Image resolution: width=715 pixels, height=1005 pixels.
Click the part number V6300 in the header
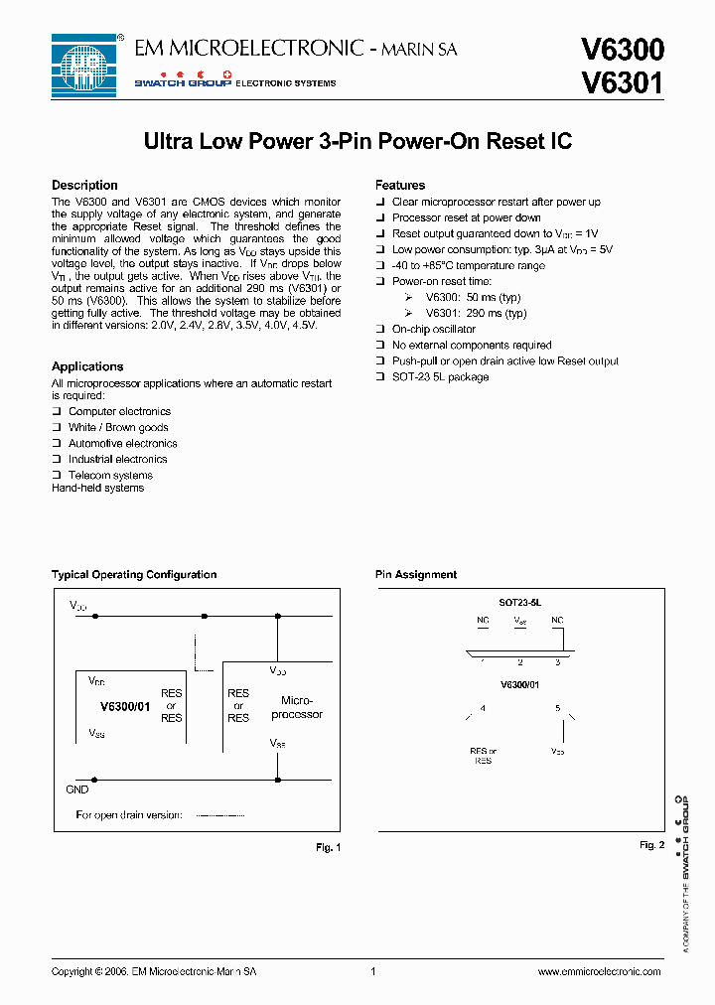[x=622, y=51]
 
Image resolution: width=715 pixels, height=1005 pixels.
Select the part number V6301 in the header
[x=622, y=82]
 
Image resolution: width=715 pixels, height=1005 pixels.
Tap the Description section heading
[x=84, y=186]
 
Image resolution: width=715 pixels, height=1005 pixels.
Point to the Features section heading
[x=400, y=186]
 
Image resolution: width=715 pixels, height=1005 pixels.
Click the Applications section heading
[x=87, y=366]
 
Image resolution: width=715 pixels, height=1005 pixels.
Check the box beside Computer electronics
[x=58, y=411]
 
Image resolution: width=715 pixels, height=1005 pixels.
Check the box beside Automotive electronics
[x=58, y=443]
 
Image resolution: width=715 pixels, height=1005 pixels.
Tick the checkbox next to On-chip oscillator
[x=380, y=330]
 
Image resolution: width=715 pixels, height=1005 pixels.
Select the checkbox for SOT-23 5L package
[x=380, y=377]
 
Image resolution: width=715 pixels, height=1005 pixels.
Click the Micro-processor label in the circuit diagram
[x=296, y=707]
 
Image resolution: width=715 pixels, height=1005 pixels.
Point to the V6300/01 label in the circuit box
[x=125, y=707]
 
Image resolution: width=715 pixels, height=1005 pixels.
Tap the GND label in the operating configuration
[x=77, y=790]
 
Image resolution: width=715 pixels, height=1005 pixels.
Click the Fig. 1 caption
[x=328, y=847]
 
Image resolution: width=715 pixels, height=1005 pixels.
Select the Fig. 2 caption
[x=651, y=845]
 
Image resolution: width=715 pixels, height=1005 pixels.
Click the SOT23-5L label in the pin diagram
[x=519, y=603]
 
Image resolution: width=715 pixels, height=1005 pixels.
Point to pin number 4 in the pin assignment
[x=483, y=709]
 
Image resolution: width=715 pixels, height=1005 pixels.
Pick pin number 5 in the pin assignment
[x=558, y=709]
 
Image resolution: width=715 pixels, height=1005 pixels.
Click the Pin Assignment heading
[x=416, y=575]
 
